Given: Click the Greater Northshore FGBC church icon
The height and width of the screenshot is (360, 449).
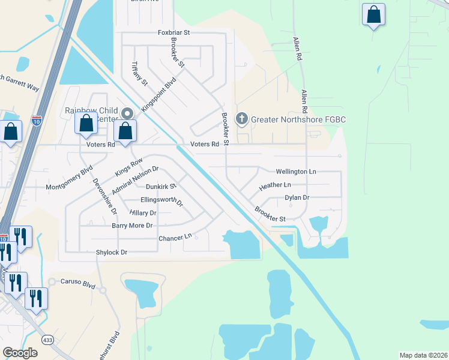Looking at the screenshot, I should click(x=241, y=118).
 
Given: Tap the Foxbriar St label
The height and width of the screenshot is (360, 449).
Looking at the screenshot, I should click(x=173, y=32).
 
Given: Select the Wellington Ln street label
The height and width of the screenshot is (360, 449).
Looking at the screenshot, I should click(x=295, y=172).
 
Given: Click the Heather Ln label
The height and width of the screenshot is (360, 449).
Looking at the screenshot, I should click(x=274, y=187).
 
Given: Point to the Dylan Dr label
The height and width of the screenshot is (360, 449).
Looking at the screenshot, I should click(x=297, y=197).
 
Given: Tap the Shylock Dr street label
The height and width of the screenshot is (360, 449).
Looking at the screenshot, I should click(x=112, y=253).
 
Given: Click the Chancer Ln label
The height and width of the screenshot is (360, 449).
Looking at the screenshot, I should click(x=175, y=238).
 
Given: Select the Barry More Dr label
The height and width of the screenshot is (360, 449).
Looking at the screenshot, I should click(x=132, y=226).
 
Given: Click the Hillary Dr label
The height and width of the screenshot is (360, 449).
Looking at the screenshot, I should click(x=143, y=213).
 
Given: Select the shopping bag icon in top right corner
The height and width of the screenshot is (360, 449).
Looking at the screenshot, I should click(x=373, y=15).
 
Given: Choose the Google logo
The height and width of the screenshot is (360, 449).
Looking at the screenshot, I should click(x=20, y=353).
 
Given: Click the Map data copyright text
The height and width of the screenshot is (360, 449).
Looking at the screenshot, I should click(x=423, y=355).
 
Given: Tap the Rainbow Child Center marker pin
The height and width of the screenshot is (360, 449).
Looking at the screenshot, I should click(x=126, y=113).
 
